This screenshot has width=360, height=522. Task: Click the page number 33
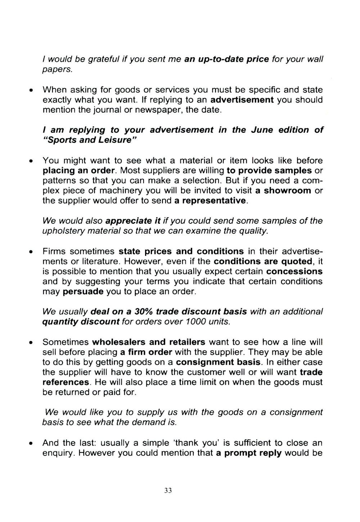[x=168, y=490]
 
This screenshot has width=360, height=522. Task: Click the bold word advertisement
[x=242, y=100]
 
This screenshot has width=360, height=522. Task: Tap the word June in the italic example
[x=262, y=130]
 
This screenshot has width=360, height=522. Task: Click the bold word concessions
[x=294, y=271]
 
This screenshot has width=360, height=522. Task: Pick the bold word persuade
[x=83, y=291]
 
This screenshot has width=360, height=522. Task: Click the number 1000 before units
[x=196, y=321]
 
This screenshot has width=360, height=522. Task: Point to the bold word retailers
[x=187, y=342]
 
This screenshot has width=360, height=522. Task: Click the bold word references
[x=66, y=382]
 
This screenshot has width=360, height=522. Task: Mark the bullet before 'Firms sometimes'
[x=32, y=251]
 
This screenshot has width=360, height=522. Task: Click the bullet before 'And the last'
[x=32, y=443]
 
